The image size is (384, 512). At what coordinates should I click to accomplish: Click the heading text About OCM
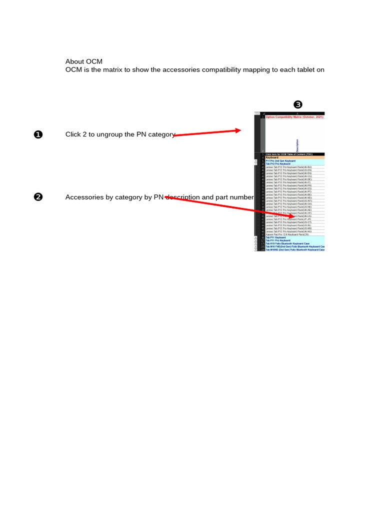click(83, 61)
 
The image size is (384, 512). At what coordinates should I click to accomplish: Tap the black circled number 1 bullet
click(38, 134)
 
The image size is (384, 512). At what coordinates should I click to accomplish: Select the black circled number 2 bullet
click(38, 197)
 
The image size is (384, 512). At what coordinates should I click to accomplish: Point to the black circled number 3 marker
click(298, 104)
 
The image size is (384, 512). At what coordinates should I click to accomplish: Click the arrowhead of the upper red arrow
click(238, 130)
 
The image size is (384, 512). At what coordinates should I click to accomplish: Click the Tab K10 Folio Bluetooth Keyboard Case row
click(290, 243)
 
